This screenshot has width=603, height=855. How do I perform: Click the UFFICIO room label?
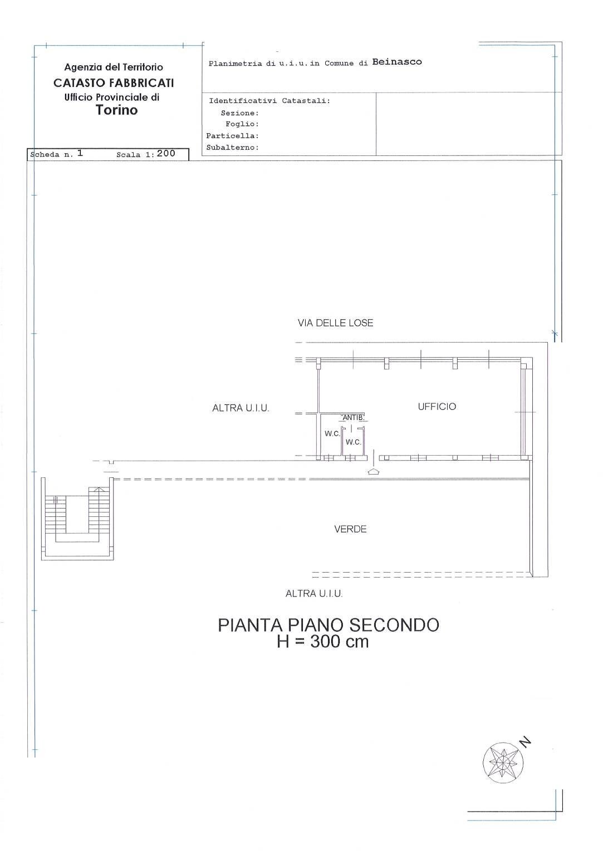(437, 407)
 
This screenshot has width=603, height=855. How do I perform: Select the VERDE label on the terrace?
(350, 529)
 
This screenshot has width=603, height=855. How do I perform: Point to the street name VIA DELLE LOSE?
(335, 323)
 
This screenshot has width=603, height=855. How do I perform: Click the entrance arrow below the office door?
(373, 472)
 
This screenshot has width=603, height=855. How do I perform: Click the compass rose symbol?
(503, 761)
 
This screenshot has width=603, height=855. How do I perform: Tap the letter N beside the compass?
(524, 741)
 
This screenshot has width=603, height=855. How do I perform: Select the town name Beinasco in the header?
(396, 62)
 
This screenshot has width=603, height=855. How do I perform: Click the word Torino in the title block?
(116, 110)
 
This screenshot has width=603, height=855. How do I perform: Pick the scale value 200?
(166, 154)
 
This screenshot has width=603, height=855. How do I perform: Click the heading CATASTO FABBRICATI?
(114, 83)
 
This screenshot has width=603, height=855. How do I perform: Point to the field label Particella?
(232, 136)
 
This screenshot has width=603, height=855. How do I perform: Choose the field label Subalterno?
(232, 148)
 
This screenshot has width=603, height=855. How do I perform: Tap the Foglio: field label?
(242, 124)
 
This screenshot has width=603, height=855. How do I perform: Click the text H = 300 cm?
(323, 642)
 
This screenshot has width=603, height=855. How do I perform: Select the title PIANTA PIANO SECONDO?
(329, 625)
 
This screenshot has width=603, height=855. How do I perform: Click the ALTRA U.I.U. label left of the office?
(241, 408)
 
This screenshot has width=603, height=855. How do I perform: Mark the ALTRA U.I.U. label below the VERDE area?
(314, 594)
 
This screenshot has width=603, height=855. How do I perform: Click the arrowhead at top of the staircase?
(99, 488)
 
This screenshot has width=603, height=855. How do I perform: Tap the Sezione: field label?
(239, 113)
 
